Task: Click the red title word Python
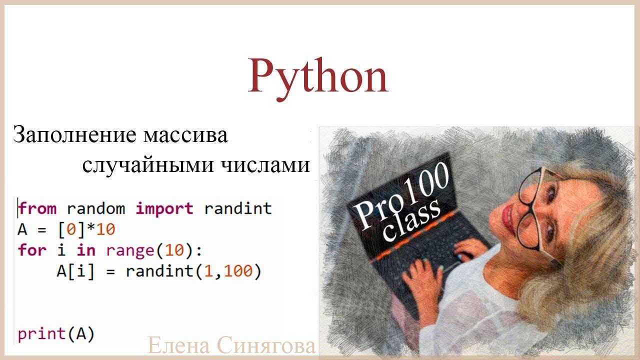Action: point(318,76)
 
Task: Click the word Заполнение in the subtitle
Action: point(73,135)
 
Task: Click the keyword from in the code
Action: point(37,208)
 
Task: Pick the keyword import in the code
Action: point(164,208)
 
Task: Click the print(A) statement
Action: point(56,333)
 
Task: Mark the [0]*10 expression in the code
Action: point(86,229)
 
